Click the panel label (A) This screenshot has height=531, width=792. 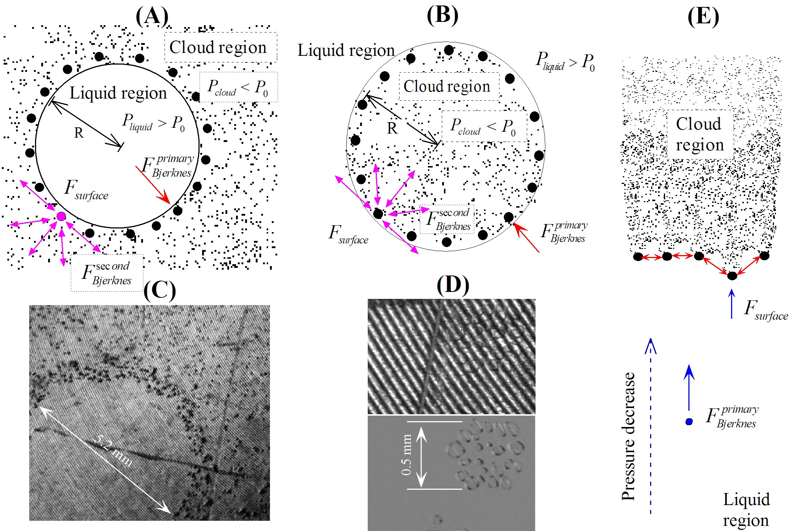(x=152, y=16)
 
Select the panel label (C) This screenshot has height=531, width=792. (x=159, y=291)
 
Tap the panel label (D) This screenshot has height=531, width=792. (x=453, y=285)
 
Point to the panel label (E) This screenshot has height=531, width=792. (x=703, y=17)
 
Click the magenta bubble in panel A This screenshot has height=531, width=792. (x=61, y=216)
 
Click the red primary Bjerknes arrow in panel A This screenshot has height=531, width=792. (x=153, y=185)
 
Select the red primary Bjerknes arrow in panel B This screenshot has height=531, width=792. (x=526, y=238)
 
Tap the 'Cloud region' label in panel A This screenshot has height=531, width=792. (x=218, y=47)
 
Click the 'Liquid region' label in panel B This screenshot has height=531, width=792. (x=346, y=50)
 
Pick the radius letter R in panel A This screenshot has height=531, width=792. (x=79, y=133)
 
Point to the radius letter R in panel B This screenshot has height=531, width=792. (x=392, y=128)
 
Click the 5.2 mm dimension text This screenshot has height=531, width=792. (x=113, y=451)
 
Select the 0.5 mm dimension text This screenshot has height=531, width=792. (x=406, y=455)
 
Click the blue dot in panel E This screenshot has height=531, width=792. (x=689, y=422)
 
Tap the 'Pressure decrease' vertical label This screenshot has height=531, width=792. (x=628, y=436)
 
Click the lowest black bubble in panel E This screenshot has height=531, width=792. (x=732, y=276)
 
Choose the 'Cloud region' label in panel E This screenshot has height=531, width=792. (x=699, y=134)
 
